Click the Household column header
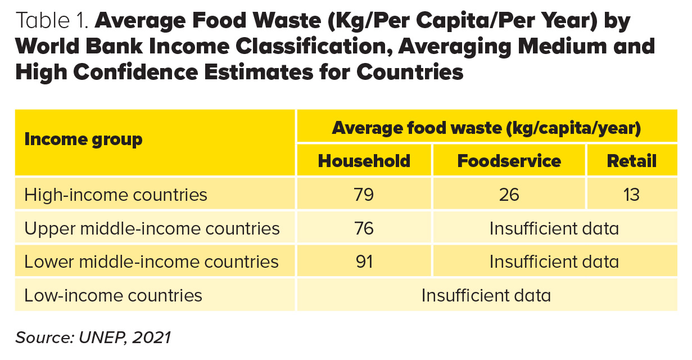click(x=364, y=161)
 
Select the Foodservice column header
click(x=509, y=161)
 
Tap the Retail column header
click(x=631, y=161)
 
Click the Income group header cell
click(x=83, y=139)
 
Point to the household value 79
click(x=364, y=195)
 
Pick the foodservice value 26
click(x=509, y=195)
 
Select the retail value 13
click(x=631, y=195)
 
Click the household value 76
click(x=364, y=228)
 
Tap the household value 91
click(x=364, y=262)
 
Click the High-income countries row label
click(x=116, y=195)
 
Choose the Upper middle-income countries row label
click(x=152, y=228)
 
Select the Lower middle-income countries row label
click(x=151, y=262)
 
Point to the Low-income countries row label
click(x=113, y=295)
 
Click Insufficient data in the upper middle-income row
click(x=554, y=228)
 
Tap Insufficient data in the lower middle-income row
click(x=554, y=262)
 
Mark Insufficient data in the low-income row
click(x=486, y=295)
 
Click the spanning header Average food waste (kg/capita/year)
click(x=486, y=128)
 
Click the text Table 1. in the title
click(x=52, y=21)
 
